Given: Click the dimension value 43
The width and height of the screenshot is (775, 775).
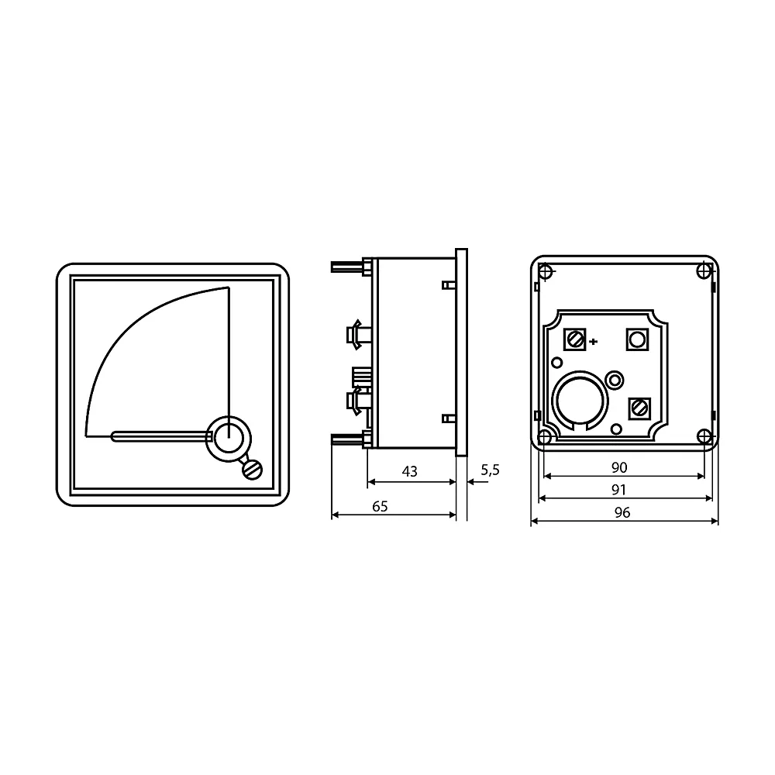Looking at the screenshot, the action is [409, 471].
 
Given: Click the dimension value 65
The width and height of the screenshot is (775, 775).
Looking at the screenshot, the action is [380, 507].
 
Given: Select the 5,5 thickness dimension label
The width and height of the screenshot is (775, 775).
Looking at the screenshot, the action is [490, 470].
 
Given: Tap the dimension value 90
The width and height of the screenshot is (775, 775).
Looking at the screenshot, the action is [619, 467].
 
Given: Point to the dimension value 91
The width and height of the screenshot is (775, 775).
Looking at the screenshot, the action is [618, 490].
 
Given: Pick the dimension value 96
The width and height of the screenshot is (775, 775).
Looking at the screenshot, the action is [622, 512].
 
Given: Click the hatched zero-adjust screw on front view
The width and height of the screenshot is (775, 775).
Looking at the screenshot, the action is [252, 470].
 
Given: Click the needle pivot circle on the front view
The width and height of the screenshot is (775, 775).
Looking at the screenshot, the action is [229, 439].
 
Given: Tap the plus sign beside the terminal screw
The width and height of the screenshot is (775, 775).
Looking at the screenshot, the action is [594, 341].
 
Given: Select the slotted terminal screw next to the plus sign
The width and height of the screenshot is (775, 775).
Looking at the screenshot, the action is [575, 339].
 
